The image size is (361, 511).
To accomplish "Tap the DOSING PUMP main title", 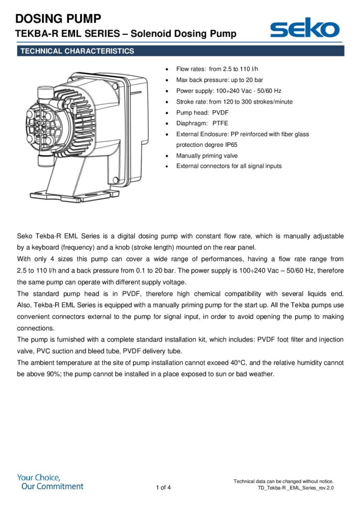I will pos(59,19).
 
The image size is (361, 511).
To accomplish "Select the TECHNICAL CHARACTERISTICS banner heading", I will pos(76,51).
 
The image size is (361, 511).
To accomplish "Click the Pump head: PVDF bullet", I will pos(202,112).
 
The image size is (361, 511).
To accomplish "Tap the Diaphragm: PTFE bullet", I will pos(202,123).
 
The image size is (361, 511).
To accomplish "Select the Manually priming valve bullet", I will pos(207,156).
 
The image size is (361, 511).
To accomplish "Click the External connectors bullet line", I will pos(229,166).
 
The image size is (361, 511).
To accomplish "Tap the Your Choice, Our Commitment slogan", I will pos(50,482).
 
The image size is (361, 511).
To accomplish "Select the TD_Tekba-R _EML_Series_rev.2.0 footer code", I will pos(295,488).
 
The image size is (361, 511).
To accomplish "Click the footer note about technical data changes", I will pos(283,481).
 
